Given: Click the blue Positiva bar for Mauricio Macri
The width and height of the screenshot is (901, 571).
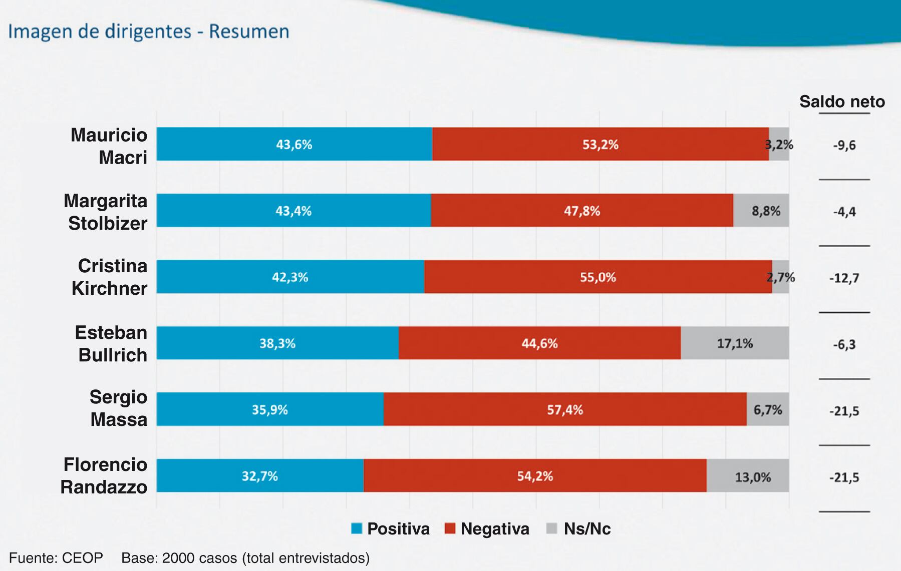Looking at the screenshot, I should (x=294, y=144).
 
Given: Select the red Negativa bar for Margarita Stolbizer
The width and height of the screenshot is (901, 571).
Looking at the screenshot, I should (x=582, y=211).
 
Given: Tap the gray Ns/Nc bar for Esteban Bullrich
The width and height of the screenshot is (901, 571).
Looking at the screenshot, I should (x=735, y=343).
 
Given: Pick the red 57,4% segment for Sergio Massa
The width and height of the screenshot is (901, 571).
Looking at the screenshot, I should (x=565, y=410).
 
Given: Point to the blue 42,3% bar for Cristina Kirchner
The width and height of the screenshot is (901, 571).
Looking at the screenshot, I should (x=290, y=277).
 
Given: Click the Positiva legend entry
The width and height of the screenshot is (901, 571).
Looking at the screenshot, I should (x=391, y=529).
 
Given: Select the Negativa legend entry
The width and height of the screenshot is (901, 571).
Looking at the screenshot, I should (x=487, y=529).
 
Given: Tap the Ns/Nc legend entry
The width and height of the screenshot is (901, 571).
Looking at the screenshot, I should (x=578, y=529).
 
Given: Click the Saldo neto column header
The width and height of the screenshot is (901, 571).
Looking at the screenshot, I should (x=842, y=102).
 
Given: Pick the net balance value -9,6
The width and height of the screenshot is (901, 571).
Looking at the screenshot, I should (x=844, y=146).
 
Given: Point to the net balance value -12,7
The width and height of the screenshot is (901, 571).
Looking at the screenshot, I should (x=844, y=278).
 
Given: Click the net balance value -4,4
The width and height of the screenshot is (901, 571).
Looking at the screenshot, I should (x=844, y=212).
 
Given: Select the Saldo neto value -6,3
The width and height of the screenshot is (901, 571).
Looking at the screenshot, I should (x=844, y=344).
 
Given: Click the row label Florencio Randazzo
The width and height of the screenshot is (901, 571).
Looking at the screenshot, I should (x=104, y=475).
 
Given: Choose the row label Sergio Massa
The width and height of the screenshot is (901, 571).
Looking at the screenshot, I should (x=119, y=408).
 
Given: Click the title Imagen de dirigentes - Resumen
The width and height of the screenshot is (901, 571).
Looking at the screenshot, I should (x=149, y=32).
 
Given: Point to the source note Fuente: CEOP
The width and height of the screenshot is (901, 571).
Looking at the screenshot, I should (x=56, y=557).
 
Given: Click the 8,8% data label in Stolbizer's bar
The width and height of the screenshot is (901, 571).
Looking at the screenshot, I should (x=766, y=211).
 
